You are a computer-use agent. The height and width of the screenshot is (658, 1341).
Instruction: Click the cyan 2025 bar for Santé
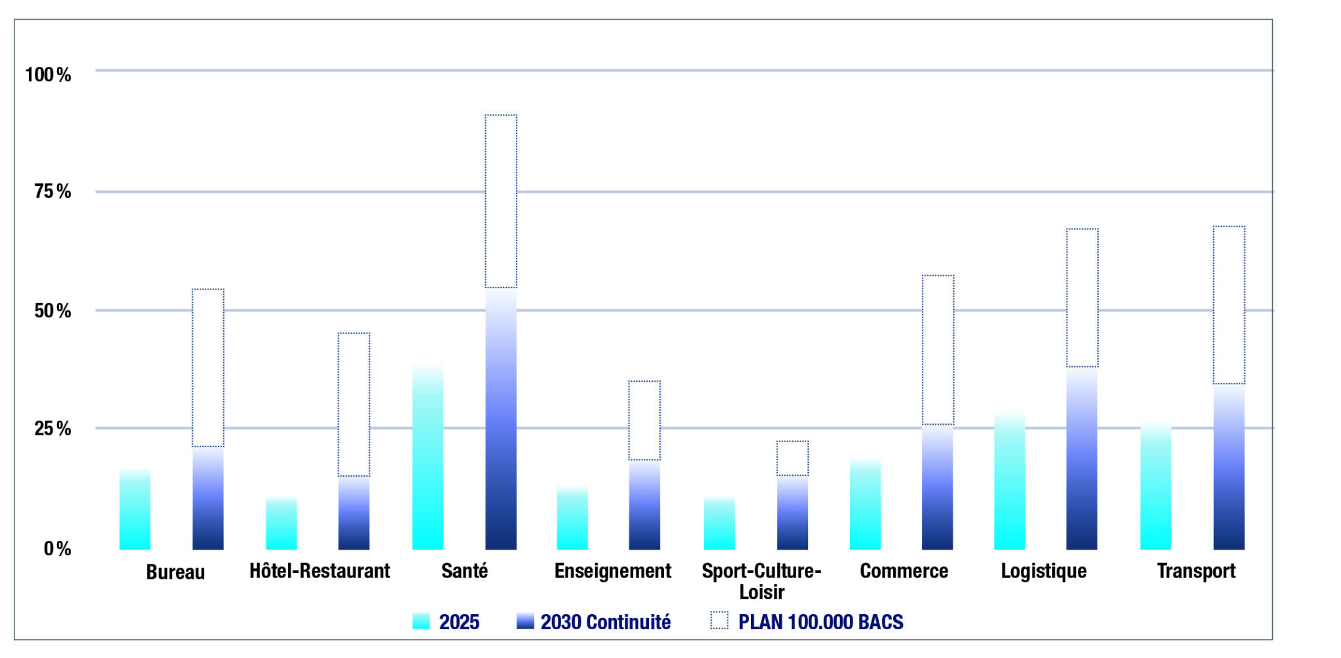tap(428, 458)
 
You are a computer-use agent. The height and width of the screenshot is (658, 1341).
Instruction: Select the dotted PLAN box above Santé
tap(501, 202)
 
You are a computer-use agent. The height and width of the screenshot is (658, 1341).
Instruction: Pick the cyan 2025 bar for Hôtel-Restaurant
tap(281, 524)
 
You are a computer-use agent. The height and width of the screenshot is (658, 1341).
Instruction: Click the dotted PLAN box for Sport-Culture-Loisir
tap(792, 458)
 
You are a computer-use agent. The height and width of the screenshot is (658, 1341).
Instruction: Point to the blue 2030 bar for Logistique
tap(1082, 458)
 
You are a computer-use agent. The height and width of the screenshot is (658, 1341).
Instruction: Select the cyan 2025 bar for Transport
tap(1156, 488)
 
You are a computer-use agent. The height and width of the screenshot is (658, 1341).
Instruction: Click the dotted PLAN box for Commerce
tap(938, 350)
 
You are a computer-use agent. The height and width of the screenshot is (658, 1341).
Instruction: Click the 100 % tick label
tap(48, 75)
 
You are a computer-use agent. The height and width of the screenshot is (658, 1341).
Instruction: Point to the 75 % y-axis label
tap(52, 192)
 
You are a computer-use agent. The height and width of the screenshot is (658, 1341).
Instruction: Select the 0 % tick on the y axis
tap(57, 549)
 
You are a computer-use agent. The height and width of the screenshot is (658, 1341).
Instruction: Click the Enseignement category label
tap(612, 572)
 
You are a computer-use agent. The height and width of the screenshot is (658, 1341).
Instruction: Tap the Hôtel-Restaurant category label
tap(320, 572)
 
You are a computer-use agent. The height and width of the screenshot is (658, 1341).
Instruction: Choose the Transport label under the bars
tap(1196, 572)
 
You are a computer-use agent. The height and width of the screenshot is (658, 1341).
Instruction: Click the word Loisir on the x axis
tap(762, 593)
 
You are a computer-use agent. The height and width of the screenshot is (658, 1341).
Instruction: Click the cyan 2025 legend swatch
tap(421, 621)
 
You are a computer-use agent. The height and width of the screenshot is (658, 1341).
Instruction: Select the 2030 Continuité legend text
tap(605, 622)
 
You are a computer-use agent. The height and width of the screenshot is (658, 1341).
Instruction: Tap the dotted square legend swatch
tap(719, 621)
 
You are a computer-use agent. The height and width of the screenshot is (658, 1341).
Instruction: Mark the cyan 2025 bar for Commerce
tap(865, 504)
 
